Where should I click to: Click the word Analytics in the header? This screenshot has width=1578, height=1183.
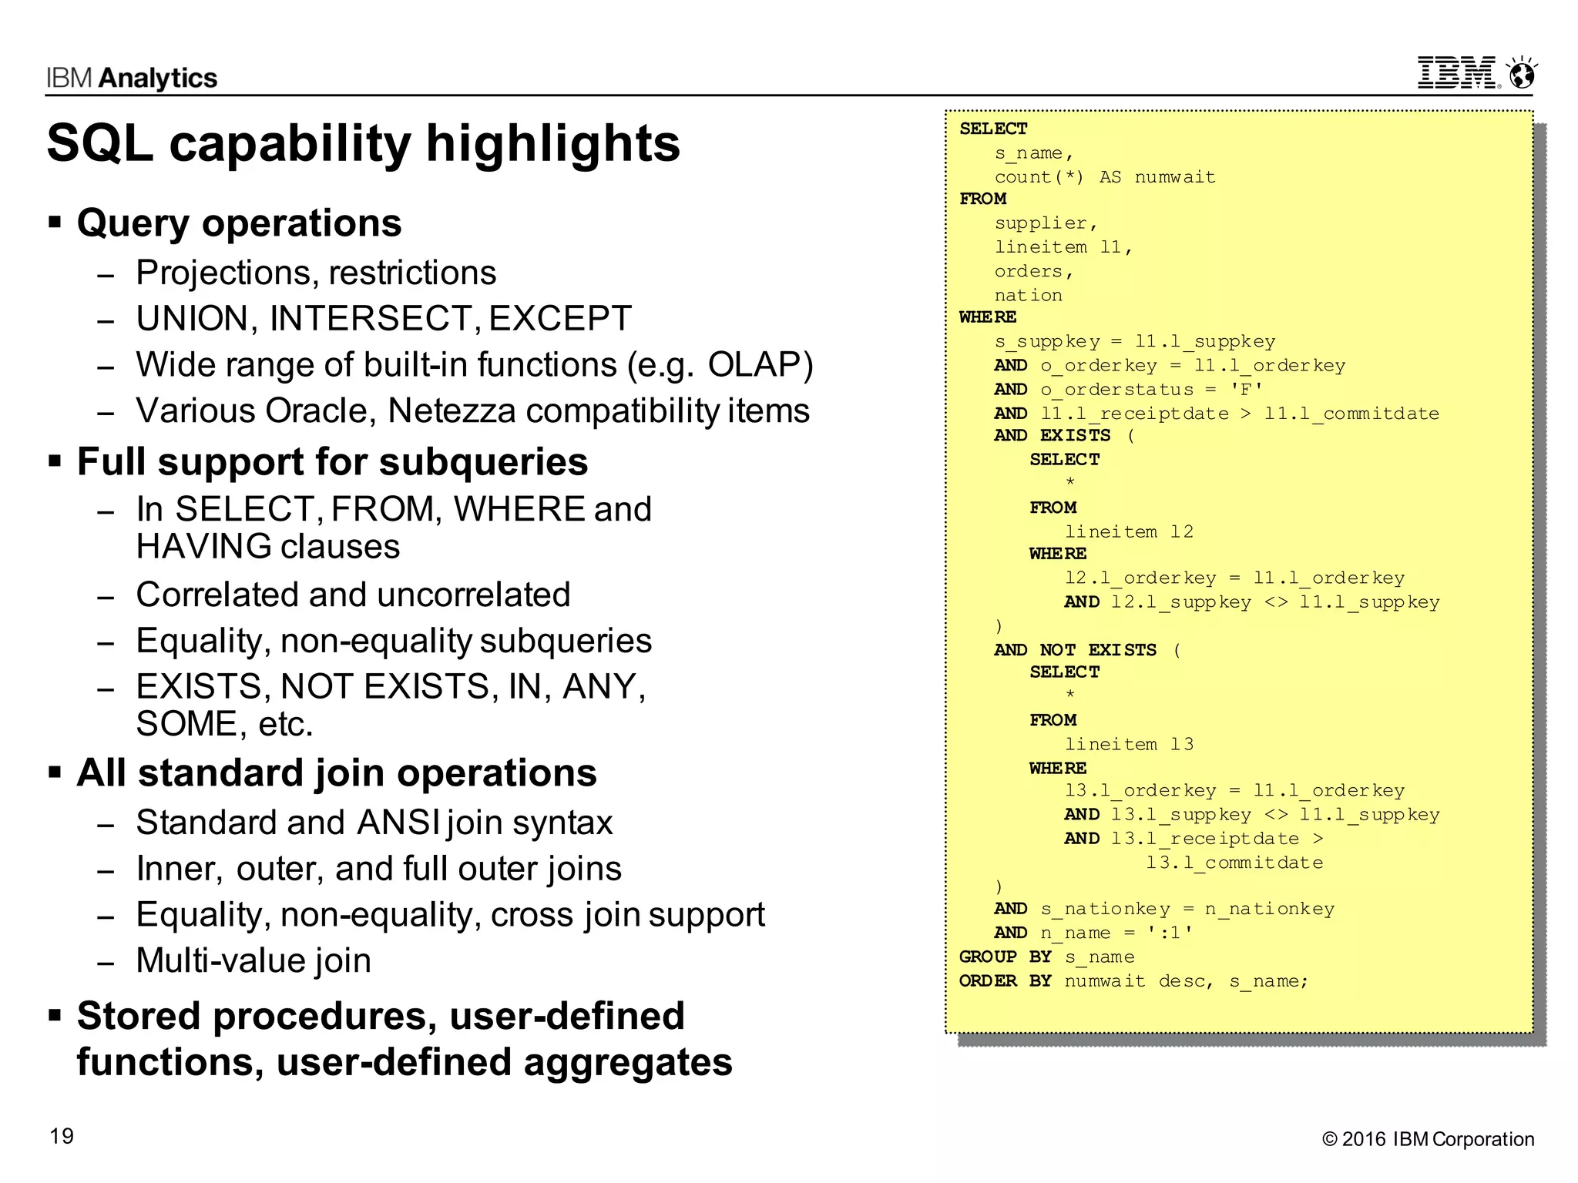point(158,79)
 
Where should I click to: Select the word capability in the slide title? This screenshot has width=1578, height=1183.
point(290,144)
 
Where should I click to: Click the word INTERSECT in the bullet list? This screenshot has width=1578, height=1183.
point(374,319)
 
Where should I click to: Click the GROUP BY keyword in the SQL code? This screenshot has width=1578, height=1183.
point(1005,957)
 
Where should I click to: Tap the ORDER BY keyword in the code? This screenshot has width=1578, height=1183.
point(1005,980)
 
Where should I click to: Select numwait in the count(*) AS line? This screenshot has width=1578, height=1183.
point(1174,177)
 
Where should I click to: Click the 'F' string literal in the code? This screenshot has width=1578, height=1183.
point(1246,390)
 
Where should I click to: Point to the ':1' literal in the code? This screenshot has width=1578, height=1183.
point(1169,933)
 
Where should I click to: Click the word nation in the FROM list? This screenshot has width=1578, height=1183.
point(1028,296)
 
